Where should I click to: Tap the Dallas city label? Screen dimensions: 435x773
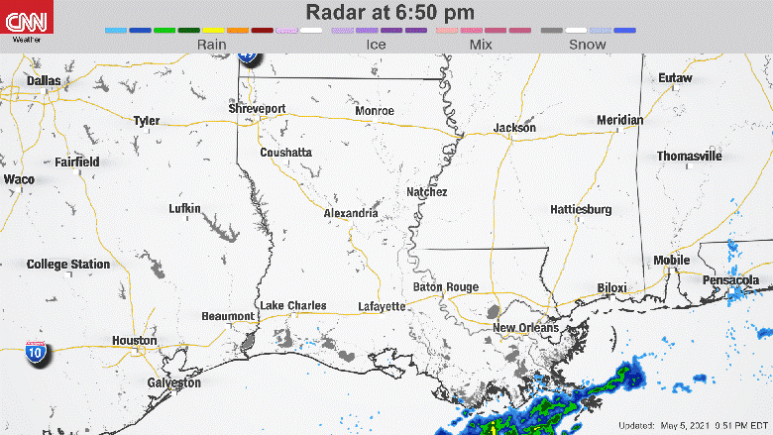(44, 80)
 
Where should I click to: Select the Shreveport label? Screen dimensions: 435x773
(257, 108)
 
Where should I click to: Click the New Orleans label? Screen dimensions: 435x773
(525, 328)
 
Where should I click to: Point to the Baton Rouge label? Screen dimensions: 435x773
(445, 287)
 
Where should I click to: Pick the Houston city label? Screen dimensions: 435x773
(134, 340)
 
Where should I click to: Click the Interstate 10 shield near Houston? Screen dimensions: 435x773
(35, 354)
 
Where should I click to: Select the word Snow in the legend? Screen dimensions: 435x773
(588, 45)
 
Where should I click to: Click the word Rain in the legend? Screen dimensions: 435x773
(211, 45)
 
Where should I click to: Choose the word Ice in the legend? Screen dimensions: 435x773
(377, 45)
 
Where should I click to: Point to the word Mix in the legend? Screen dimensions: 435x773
(482, 45)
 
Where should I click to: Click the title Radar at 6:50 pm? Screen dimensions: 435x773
(389, 13)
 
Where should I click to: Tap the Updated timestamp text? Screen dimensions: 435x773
(694, 426)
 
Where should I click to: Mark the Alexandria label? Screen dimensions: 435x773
(351, 213)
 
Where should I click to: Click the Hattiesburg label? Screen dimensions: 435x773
(581, 209)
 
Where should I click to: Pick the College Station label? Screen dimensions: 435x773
(68, 265)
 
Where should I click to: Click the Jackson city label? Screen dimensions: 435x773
(514, 128)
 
